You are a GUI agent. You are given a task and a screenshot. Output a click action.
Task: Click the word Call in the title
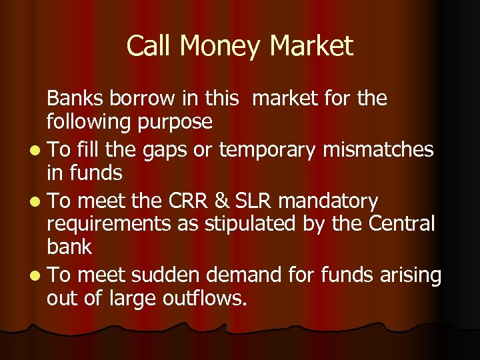point(148,47)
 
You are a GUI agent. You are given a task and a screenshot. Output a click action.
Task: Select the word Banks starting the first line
point(71,99)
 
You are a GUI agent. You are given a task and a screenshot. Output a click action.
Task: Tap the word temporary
point(267,149)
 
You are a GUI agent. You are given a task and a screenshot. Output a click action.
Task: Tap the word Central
point(401,223)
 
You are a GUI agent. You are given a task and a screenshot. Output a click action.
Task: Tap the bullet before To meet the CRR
point(34,201)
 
